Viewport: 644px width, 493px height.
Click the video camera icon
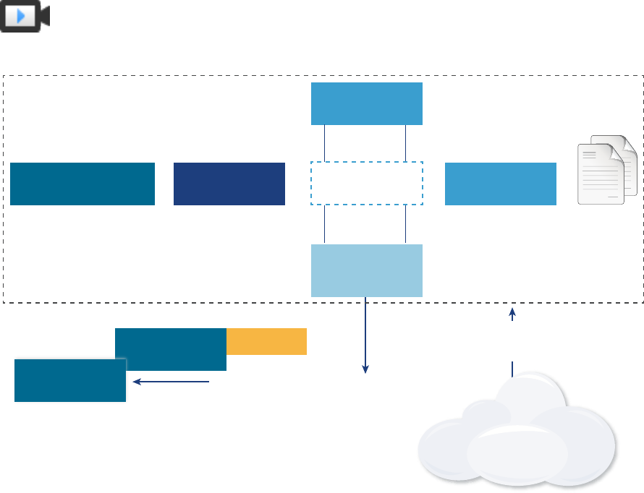point(25,16)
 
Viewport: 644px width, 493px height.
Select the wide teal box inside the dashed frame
point(82,184)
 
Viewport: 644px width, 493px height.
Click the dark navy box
point(229,184)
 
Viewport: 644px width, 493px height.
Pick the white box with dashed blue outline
point(366,184)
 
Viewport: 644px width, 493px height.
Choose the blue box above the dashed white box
point(366,103)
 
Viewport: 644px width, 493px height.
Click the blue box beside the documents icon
point(501,184)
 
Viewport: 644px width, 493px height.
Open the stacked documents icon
point(607,171)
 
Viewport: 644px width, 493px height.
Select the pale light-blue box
point(366,270)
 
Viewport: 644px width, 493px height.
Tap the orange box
point(266,341)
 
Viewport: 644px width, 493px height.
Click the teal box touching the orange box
point(171,349)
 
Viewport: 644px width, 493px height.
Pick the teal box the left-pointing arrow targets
point(70,380)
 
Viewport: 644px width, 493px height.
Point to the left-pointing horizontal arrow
point(171,382)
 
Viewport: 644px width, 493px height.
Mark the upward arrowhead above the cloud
point(512,313)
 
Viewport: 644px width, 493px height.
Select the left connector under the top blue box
point(325,143)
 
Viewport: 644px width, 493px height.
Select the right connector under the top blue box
point(406,143)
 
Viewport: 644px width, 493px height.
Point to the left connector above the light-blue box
point(325,224)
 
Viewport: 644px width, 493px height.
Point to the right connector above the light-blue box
point(406,224)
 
